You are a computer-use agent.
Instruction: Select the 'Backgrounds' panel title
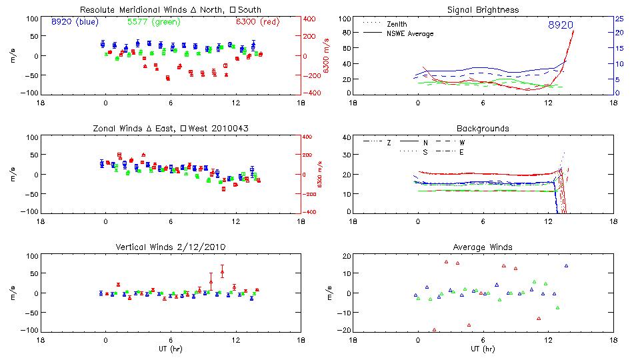point(483,128)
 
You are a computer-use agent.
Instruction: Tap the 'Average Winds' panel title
point(483,247)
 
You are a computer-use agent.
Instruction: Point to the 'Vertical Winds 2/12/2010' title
point(171,247)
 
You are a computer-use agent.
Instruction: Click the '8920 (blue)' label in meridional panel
point(74,22)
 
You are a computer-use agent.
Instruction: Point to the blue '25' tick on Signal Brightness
point(619,19)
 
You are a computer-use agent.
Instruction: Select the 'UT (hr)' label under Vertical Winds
point(171,349)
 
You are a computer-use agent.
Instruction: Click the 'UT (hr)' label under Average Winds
point(483,349)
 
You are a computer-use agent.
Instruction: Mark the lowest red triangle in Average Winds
point(434,329)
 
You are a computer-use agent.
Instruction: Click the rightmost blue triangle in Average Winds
point(566,266)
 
